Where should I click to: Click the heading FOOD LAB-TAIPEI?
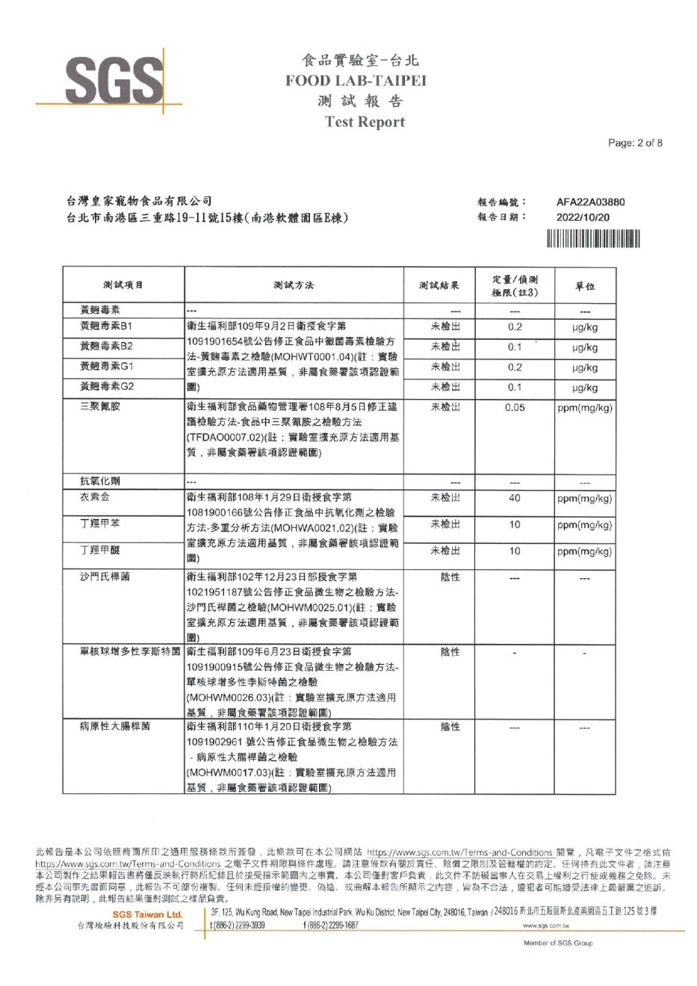(x=356, y=81)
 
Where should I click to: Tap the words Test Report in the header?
(x=365, y=122)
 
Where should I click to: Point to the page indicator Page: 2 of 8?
(x=635, y=143)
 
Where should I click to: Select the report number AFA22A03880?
(x=590, y=202)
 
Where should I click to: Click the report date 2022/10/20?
(x=583, y=217)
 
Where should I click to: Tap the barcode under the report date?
(x=593, y=239)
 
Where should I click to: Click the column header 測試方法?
(x=294, y=285)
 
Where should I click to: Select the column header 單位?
(x=585, y=286)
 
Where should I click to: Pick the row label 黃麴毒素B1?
(x=106, y=326)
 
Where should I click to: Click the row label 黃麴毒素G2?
(x=107, y=387)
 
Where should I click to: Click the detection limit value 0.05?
(x=515, y=408)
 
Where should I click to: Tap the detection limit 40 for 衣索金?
(x=515, y=498)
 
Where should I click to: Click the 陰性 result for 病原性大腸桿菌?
(x=450, y=726)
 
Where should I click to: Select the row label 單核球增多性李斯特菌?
(x=130, y=651)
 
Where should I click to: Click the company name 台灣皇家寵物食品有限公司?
(x=139, y=201)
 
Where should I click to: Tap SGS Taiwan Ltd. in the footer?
(x=147, y=914)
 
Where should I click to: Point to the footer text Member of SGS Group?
(x=558, y=943)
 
